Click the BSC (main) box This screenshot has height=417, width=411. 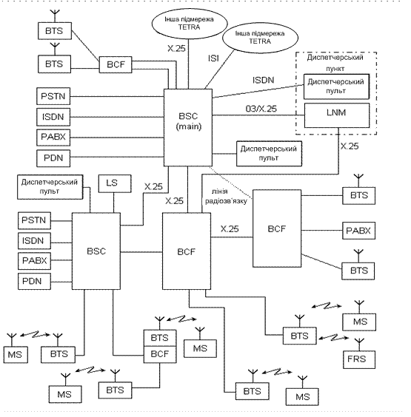pos(188,127)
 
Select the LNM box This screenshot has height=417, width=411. pos(337,115)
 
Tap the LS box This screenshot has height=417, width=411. pos(115,183)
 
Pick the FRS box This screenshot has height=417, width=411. pos(359,359)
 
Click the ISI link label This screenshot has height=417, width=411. pos(213,58)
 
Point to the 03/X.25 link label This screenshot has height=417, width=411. pos(261,109)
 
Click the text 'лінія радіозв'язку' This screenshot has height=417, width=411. pos(226,196)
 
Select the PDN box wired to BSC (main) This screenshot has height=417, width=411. pos(53,158)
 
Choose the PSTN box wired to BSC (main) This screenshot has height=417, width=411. pos(53,96)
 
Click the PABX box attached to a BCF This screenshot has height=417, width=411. pos(358,231)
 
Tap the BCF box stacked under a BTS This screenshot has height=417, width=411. pos(160,354)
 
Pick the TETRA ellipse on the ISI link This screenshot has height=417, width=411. pos(260,38)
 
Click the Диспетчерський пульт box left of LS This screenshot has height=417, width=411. pos(50,187)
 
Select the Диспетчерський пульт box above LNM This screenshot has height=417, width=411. pos(337,87)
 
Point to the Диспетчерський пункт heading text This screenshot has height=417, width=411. pos(335,63)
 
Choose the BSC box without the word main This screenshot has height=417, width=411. pos(96,251)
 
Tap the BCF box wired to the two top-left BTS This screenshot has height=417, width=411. pos(116,64)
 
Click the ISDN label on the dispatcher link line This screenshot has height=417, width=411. pos(263,80)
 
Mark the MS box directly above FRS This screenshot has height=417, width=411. pos(359,322)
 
